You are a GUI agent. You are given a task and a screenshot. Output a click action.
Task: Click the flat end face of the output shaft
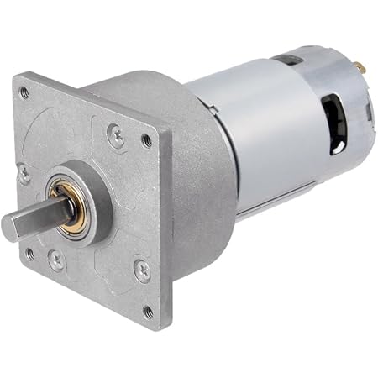(x=11, y=225)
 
